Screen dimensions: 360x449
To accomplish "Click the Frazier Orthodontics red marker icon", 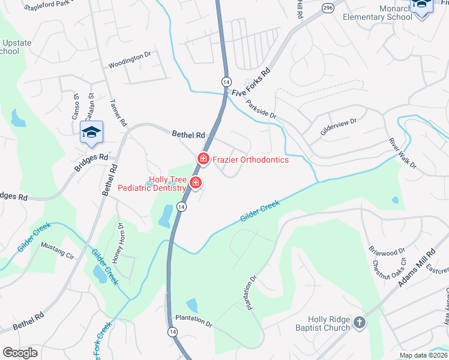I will coord(203,159).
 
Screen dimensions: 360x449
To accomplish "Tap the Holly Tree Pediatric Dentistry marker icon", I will coord(195,183).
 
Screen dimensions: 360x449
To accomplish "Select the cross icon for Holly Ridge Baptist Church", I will coord(359,323).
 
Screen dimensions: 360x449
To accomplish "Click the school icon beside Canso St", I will coord(91,133).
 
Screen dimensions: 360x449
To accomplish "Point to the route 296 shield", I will coord(327,8).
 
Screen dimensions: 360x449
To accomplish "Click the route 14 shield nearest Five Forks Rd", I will coord(226,81).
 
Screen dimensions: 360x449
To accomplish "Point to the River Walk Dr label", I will coord(402,154).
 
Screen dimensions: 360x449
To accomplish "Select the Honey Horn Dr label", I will coord(117,243).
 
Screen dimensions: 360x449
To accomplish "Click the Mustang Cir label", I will coord(56,250).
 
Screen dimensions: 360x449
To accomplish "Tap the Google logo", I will coord(20,352).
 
